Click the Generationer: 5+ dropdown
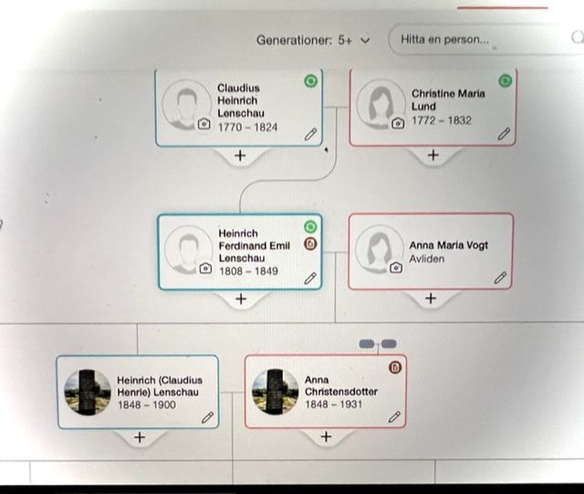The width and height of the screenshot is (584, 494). coord(314,40)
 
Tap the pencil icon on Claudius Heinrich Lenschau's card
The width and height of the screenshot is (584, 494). coord(310,133)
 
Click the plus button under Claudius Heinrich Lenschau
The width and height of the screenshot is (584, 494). coord(240,155)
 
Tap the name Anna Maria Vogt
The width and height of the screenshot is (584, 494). coord(449,246)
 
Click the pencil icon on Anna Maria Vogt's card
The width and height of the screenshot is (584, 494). coord(500,278)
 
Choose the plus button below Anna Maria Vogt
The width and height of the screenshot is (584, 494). coord(431,299)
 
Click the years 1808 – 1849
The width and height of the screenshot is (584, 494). coord(248,271)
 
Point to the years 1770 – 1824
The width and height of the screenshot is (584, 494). coord(247,127)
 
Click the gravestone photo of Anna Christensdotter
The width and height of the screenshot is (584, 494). coord(275,392)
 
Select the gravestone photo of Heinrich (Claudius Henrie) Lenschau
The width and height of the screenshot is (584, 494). coord(88,392)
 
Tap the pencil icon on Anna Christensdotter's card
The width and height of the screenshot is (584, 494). coord(394,416)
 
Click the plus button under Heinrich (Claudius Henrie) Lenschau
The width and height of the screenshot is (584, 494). coord(139,437)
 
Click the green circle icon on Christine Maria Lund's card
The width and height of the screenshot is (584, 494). coord(505,82)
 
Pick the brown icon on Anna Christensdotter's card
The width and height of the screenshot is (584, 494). coord(394,367)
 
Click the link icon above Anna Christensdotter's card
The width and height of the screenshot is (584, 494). coord(378,343)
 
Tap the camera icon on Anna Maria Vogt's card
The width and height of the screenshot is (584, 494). coord(396,268)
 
